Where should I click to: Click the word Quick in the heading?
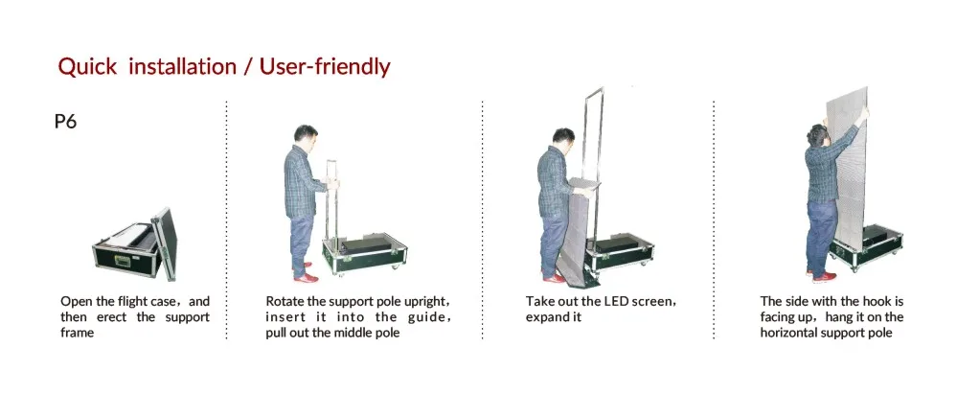click(x=87, y=66)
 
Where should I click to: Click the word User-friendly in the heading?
click(x=325, y=66)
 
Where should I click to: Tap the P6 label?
click(x=65, y=122)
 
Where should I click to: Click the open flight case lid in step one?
click(x=165, y=243)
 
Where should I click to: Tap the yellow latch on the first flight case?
click(x=122, y=261)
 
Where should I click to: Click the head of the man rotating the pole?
click(x=306, y=139)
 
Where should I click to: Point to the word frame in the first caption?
click(x=78, y=333)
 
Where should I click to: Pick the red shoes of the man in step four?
click(x=820, y=276)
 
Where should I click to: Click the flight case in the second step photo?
click(x=364, y=253)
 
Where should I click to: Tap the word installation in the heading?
click(x=182, y=66)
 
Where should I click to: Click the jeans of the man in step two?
click(x=302, y=244)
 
